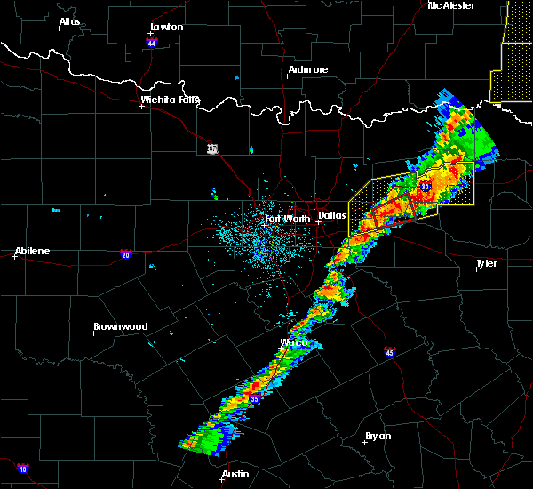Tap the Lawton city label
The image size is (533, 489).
pos(166,27)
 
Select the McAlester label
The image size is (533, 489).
pos(450,5)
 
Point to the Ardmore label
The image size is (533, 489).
pos(308,69)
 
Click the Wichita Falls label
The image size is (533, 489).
pos(170,100)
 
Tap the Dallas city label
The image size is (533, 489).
pos(332,215)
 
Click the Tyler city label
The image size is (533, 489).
pos(486,263)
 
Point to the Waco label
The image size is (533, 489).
pos(294,342)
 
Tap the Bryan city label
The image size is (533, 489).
pos(378,436)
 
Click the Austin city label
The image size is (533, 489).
pos(235,474)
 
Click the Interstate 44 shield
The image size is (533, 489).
pos(151,42)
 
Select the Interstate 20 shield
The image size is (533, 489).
pos(126,253)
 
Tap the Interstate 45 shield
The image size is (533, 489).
pos(390,353)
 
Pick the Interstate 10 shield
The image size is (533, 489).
pos(22,469)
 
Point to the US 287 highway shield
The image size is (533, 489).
pos(211,148)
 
